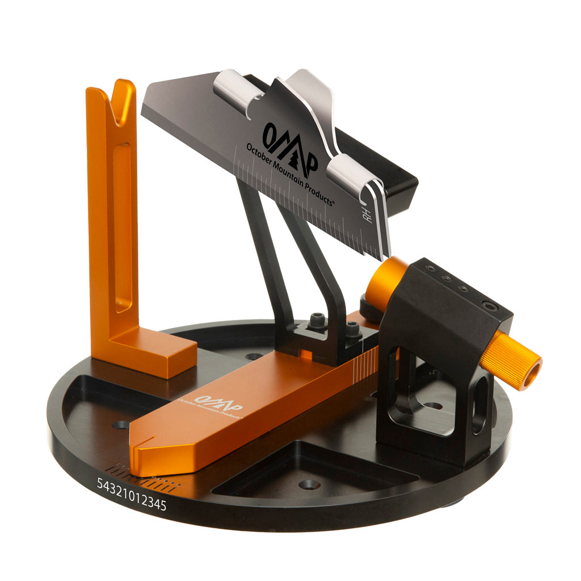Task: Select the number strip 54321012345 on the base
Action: pos(132,494)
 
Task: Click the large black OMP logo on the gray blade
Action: pos(289,145)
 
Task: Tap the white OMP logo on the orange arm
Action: pos(218,405)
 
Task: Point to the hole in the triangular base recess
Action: pos(309,485)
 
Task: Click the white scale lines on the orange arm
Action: pos(363,363)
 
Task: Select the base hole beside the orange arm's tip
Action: pos(120,424)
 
